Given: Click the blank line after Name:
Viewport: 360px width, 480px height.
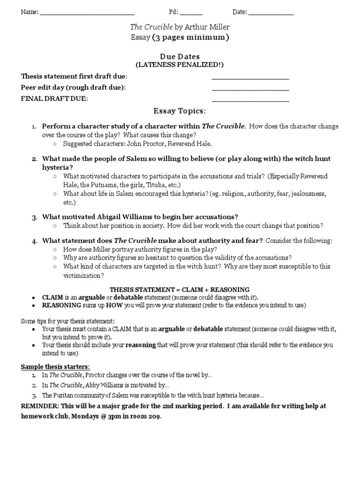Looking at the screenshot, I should point(87,14).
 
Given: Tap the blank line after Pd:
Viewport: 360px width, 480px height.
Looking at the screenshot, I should point(191,14).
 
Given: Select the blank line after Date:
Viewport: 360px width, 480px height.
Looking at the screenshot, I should point(271,14).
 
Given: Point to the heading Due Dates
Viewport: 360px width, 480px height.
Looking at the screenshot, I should point(180,56).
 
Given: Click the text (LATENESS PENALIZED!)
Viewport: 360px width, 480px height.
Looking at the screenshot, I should point(180,65).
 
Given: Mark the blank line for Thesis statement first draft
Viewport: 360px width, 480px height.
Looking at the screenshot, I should point(250,78).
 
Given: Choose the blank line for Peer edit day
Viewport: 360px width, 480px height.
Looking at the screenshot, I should point(250,89).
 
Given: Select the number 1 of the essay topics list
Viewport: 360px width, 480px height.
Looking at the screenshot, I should point(34,127).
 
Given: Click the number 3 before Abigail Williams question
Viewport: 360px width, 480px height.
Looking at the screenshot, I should point(34,217).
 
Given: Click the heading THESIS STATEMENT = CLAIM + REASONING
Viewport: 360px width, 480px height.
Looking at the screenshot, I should point(180,289).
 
